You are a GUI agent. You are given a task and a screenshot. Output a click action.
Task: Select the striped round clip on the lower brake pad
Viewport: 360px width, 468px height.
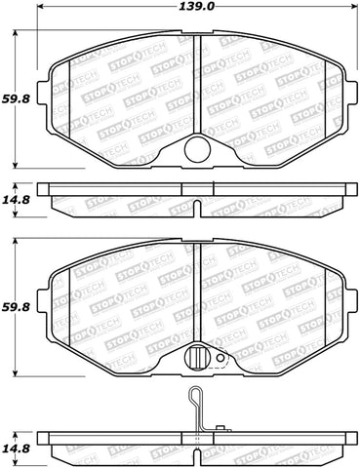tap(198, 358)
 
